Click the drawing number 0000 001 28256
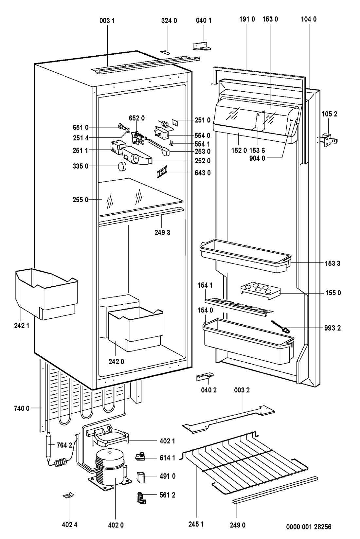[x=309, y=527]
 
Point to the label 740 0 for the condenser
[x=22, y=408]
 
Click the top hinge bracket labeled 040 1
[x=202, y=46]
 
